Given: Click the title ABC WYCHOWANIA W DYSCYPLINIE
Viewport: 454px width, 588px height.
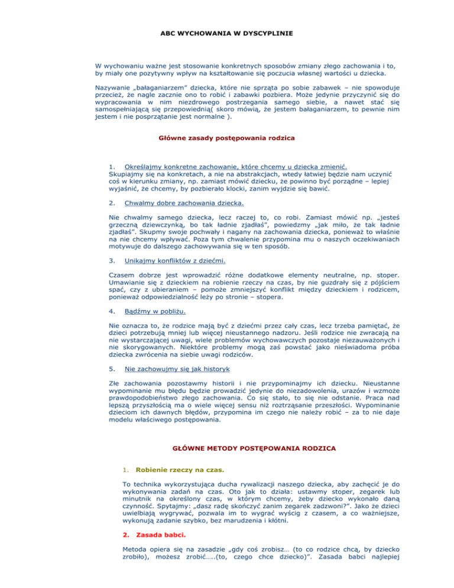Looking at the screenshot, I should [x=227, y=27].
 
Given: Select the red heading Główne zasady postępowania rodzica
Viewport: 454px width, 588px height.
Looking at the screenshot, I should [x=227, y=140].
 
